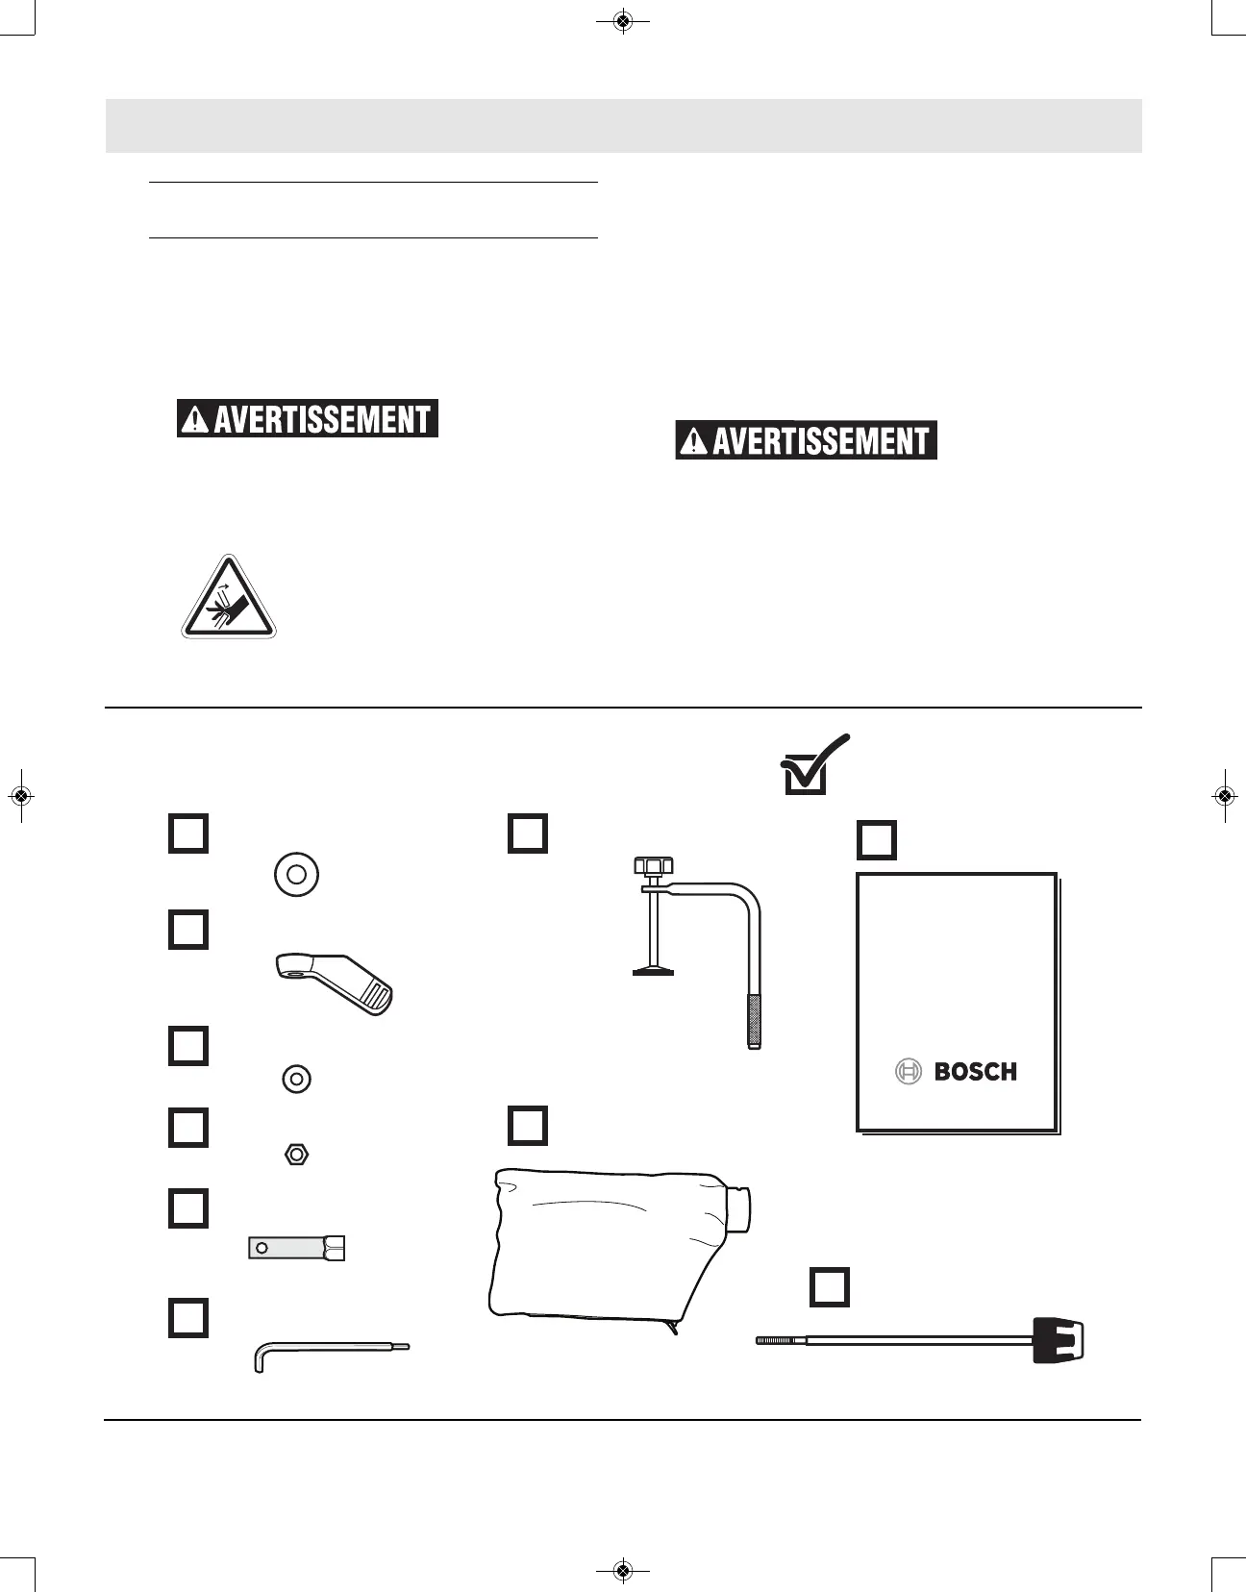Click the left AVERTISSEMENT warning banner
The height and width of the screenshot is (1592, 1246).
[x=308, y=419]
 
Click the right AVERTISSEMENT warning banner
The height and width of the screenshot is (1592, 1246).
[x=806, y=441]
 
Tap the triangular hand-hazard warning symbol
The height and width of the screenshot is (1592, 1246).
[x=229, y=599]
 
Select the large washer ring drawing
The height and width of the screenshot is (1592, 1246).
[x=296, y=875]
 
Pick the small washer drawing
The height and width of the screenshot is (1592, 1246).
[x=296, y=1079]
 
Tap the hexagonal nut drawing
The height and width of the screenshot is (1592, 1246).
[x=296, y=1154]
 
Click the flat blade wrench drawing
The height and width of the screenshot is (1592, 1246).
[x=296, y=1248]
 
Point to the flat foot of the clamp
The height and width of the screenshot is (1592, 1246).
[x=653, y=971]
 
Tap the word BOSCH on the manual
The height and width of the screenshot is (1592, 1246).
[x=975, y=1072]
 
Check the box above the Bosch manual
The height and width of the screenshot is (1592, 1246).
[x=876, y=840]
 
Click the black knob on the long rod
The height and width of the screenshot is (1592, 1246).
[x=1058, y=1339]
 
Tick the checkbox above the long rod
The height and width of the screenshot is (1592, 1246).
[x=830, y=1286]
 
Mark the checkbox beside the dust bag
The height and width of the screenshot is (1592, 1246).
[x=527, y=1126]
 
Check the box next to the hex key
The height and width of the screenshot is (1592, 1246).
[x=188, y=1318]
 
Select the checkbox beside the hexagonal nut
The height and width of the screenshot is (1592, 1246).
[x=188, y=1128]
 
